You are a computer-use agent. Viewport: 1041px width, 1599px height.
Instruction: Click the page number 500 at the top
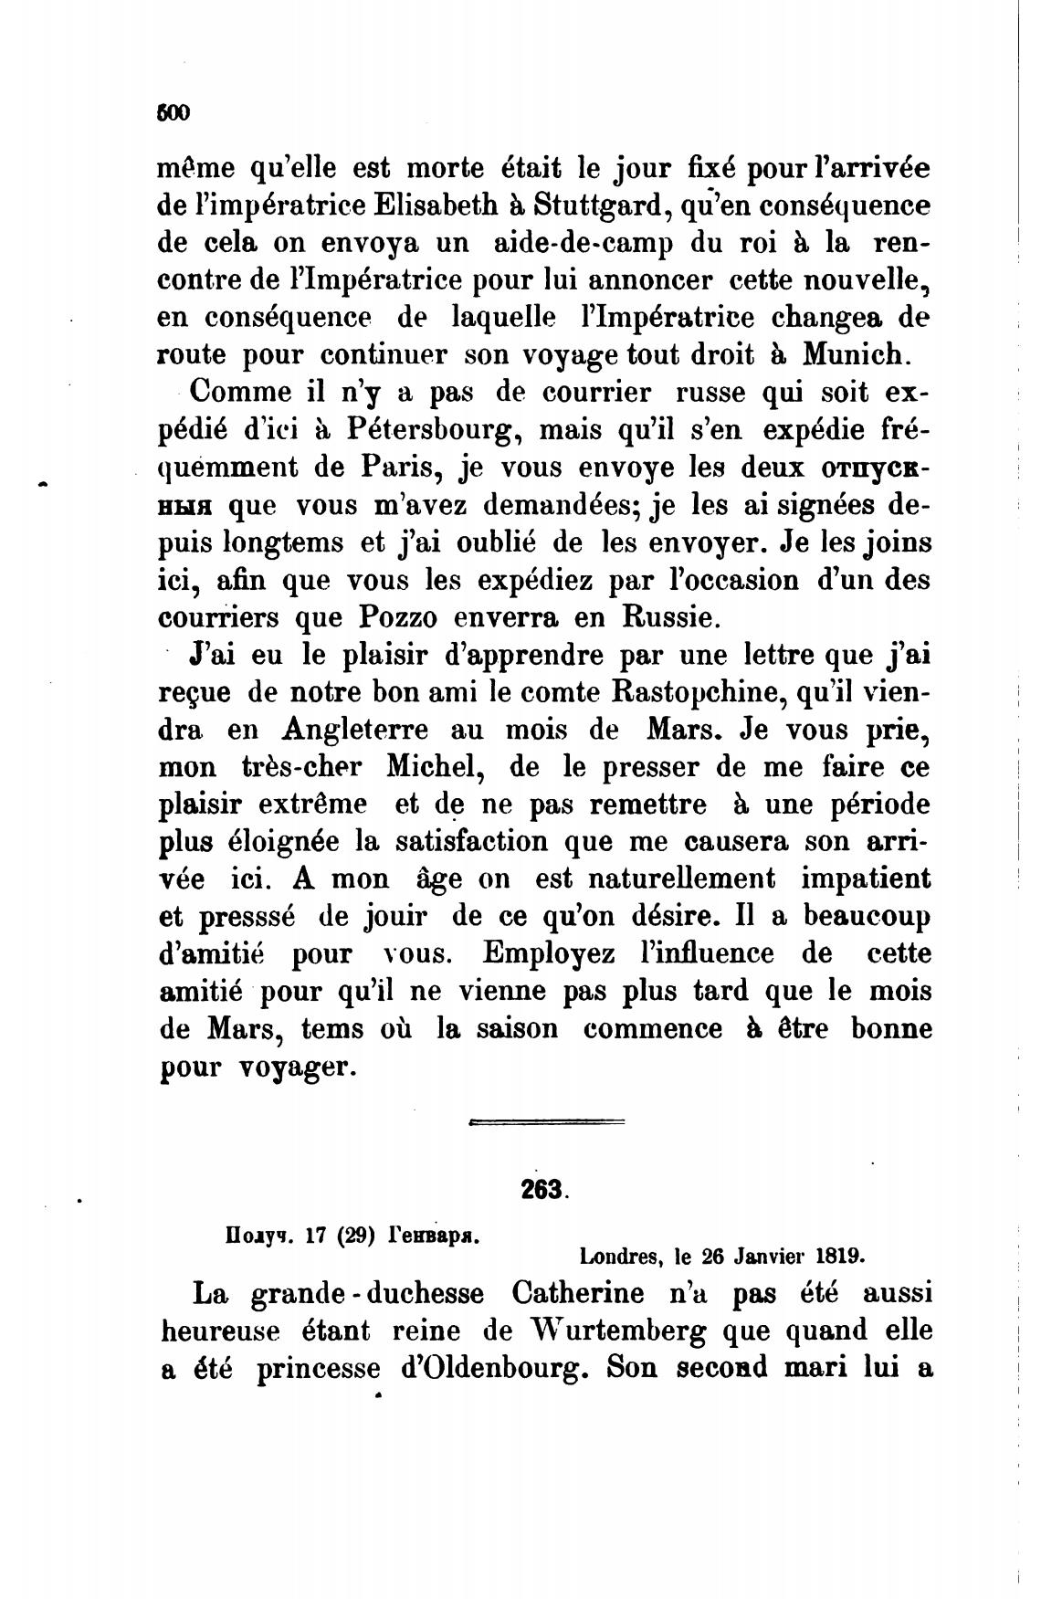173,113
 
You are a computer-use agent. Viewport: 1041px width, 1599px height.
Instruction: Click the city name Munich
853,354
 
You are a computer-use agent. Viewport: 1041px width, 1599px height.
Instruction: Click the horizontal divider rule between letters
545,1121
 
